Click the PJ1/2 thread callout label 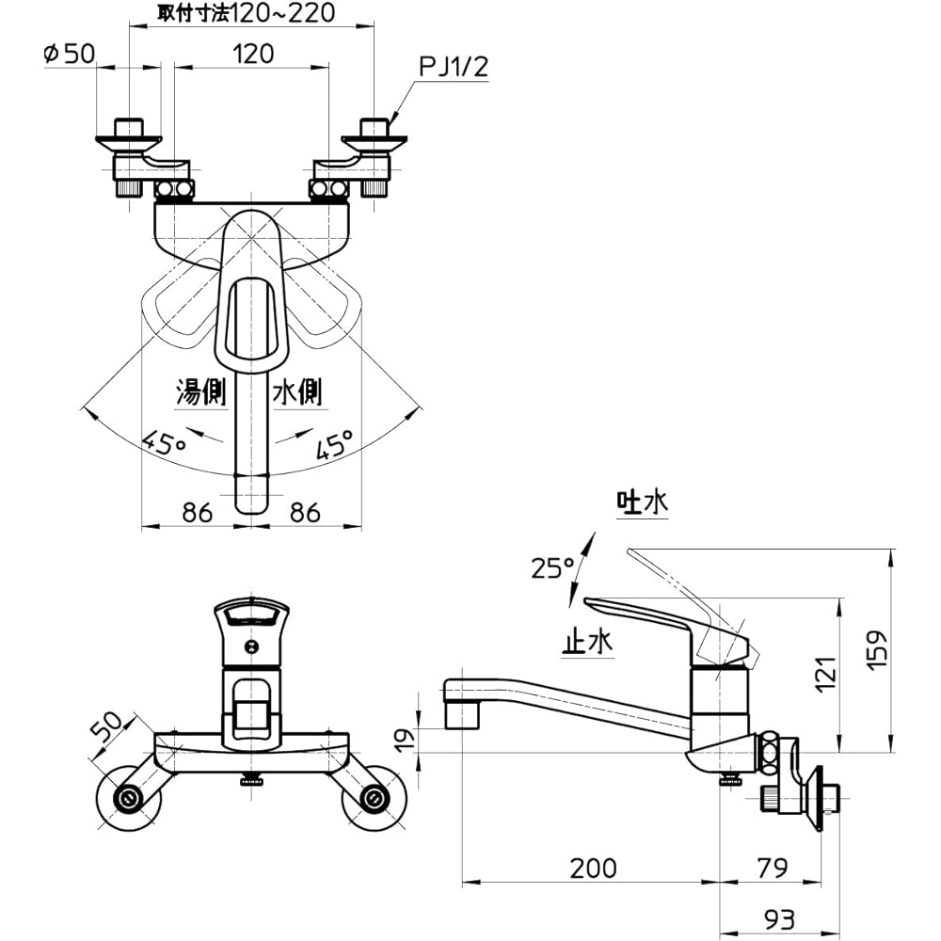coord(455,67)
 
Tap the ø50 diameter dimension coord(69,54)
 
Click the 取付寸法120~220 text coord(247,13)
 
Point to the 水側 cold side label coord(296,391)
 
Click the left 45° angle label coord(164,441)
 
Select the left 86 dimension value coord(196,512)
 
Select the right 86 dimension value coord(303,512)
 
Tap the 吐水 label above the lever coord(642,503)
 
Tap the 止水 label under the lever coord(587,642)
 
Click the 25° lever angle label coord(552,567)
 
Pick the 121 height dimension coord(824,673)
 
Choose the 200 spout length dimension coord(592,867)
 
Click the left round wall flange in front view coord(128,799)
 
